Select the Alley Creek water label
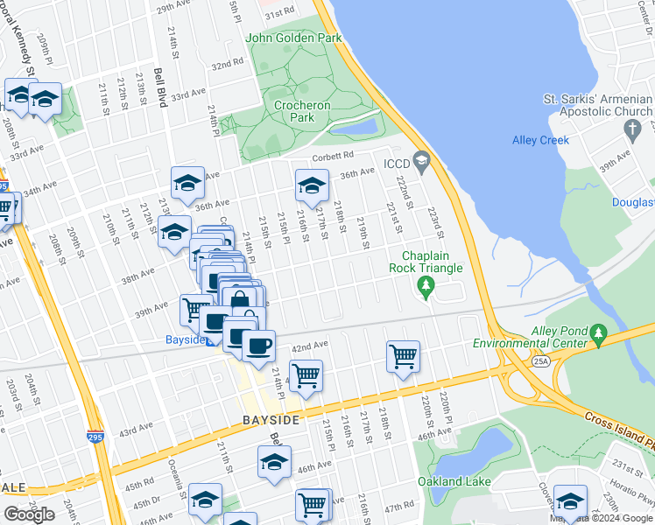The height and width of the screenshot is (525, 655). (x=540, y=140)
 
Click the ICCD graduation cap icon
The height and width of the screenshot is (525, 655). (x=422, y=161)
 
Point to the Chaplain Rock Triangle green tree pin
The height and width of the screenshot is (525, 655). (x=426, y=285)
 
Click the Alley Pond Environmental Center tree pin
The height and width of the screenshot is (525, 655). (x=599, y=332)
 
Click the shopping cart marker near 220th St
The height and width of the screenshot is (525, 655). (x=403, y=355)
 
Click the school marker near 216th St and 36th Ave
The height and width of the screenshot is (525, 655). (x=311, y=185)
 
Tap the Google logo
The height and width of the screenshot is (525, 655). (x=29, y=514)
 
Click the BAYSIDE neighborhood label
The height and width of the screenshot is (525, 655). (x=271, y=421)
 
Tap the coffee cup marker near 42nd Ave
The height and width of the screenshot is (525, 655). (x=258, y=345)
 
